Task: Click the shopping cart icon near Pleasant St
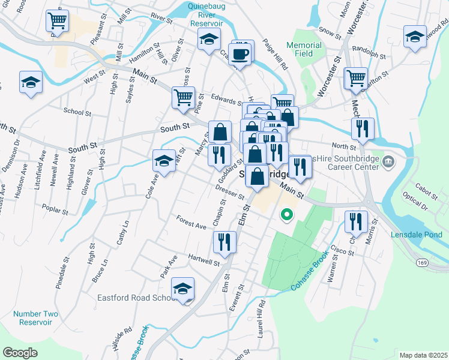[x=57, y=22]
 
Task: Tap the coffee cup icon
[x=240, y=55]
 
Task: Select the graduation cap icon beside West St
[x=31, y=83]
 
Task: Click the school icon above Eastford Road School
[x=183, y=289]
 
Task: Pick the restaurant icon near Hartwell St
[x=224, y=242]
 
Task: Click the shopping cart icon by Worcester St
[x=356, y=78]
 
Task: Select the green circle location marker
[x=287, y=214]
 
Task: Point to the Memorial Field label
[x=304, y=49]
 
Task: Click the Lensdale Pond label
[x=418, y=234]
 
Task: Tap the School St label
[x=77, y=112]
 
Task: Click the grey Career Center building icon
[x=388, y=161]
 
